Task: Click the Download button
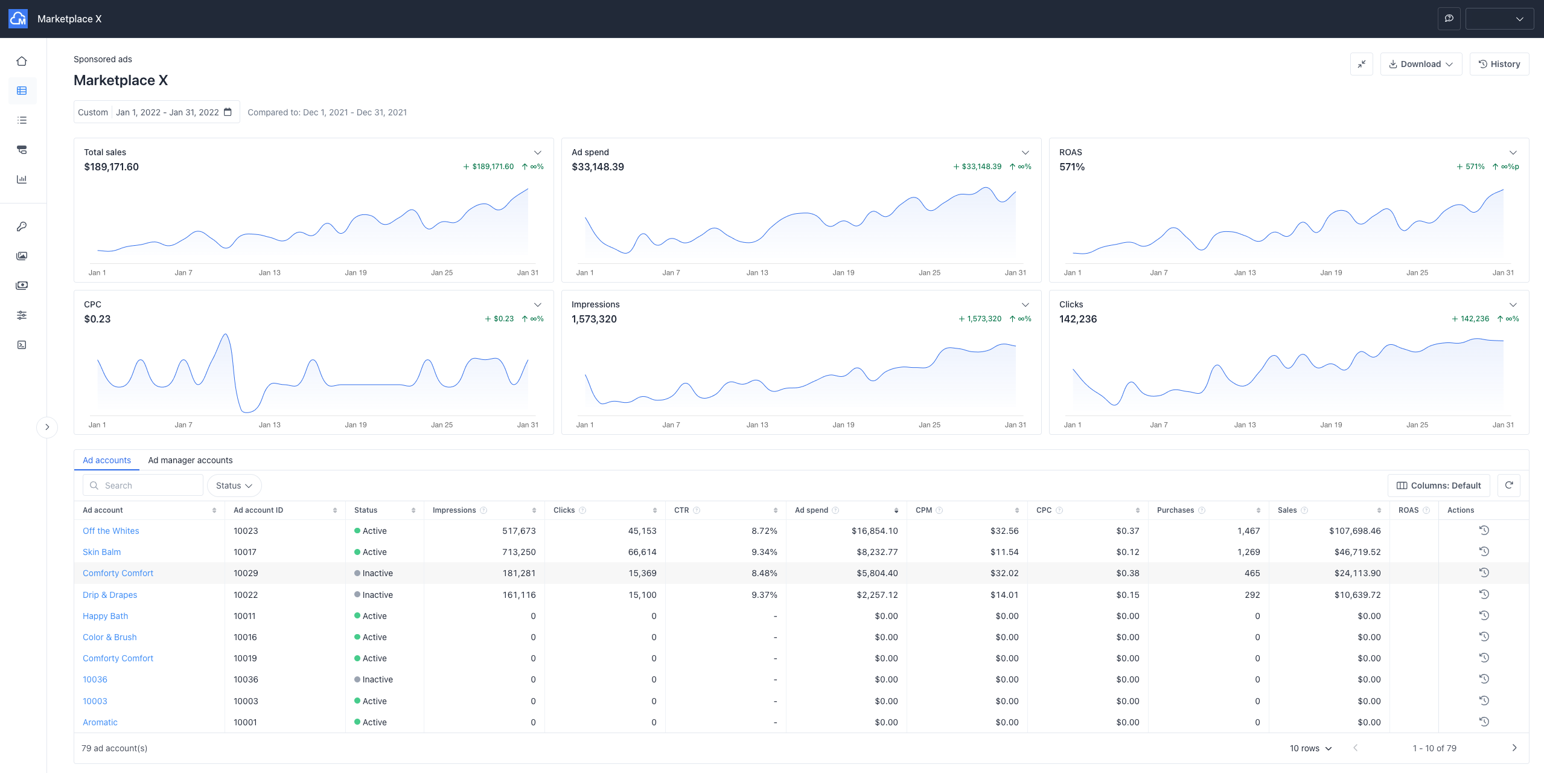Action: [1420, 64]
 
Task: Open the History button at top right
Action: [1499, 64]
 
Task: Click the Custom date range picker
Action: [156, 112]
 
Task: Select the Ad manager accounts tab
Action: [190, 460]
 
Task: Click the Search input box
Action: [148, 486]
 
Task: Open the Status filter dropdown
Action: [234, 486]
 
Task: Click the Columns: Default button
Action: [1438, 486]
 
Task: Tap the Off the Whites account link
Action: [111, 531]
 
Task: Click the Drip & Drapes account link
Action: [110, 595]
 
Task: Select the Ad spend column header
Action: [811, 510]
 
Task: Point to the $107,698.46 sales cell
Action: [1354, 531]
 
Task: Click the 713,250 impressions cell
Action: [518, 552]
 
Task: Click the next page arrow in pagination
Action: [1514, 748]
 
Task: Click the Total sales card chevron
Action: [537, 152]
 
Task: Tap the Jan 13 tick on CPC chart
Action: [269, 425]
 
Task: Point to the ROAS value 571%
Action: [1072, 167]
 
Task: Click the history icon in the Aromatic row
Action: [1484, 722]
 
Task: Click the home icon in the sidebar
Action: [22, 61]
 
